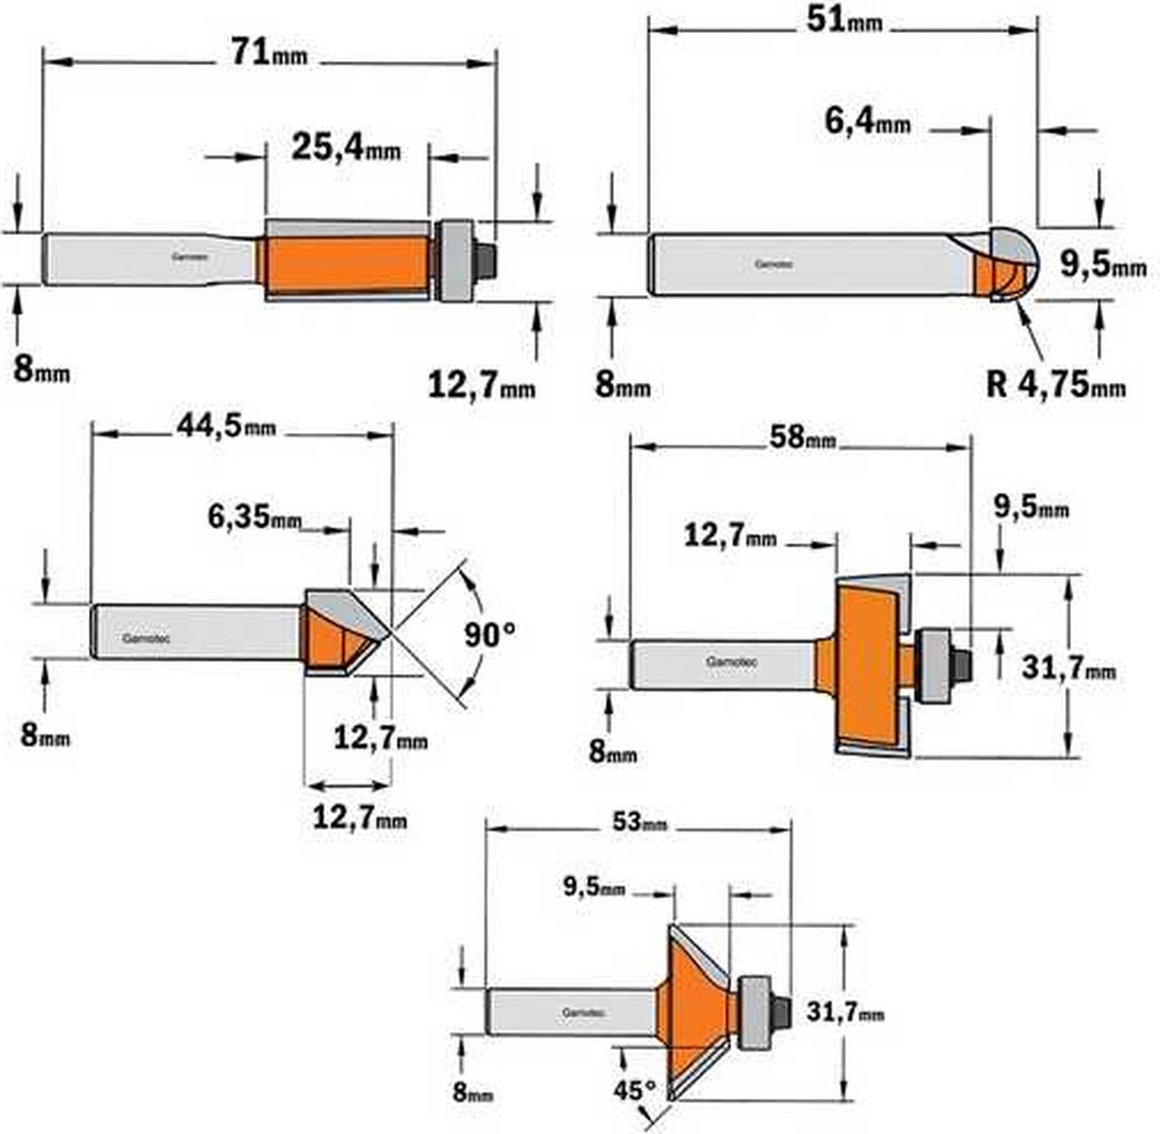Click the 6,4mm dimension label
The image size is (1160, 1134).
point(867,122)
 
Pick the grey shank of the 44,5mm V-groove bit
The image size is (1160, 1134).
point(193,633)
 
